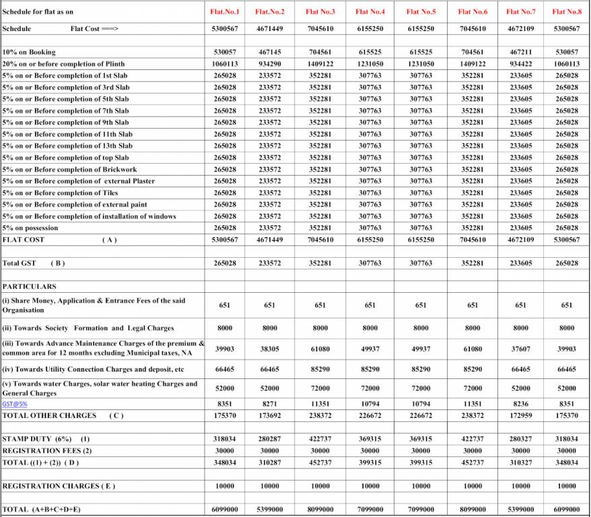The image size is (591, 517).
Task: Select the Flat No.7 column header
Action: [520, 11]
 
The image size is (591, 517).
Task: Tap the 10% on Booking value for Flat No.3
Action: [320, 52]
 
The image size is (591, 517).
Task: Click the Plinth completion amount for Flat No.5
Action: [421, 64]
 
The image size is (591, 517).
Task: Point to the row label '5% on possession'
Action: [30, 228]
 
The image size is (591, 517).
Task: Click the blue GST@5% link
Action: [15, 404]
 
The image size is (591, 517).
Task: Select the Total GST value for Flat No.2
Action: [269, 263]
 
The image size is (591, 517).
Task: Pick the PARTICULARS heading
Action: [30, 287]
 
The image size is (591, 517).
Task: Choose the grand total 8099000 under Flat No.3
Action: [320, 510]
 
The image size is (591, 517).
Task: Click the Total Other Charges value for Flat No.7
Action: [520, 415]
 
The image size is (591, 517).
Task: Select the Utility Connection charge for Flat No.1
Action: [224, 370]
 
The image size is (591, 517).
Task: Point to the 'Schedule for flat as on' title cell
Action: [37, 11]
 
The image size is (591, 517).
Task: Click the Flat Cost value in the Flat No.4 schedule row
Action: [370, 30]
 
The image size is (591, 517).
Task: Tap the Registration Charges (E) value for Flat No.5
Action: [421, 485]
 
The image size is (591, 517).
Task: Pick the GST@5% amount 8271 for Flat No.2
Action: [269, 404]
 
